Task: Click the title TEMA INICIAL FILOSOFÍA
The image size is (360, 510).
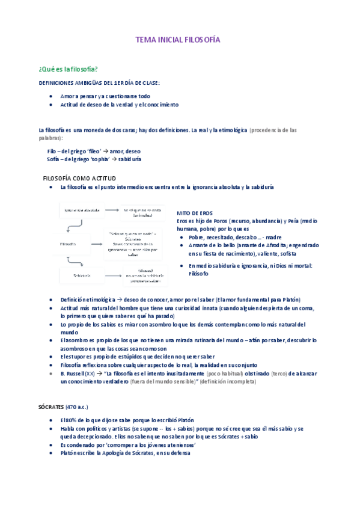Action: click(x=178, y=40)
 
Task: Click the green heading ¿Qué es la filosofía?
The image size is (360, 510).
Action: click(x=68, y=69)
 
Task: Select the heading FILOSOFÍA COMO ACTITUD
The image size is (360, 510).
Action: click(x=79, y=179)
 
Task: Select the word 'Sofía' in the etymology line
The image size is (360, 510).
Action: click(x=53, y=159)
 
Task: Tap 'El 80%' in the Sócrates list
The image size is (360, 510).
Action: click(x=68, y=420)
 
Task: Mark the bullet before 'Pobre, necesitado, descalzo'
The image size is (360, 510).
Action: click(x=182, y=237)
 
